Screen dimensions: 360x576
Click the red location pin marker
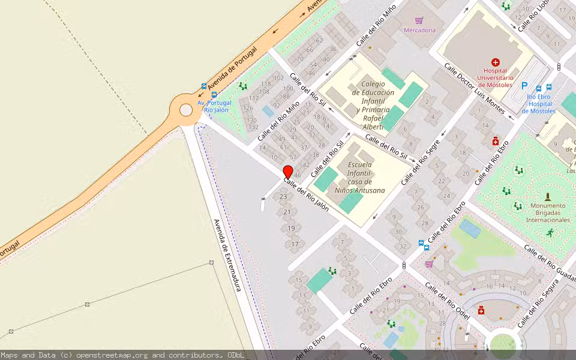pos(287,172)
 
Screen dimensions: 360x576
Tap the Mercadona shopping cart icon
pos(419,20)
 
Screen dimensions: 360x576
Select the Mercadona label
pos(419,30)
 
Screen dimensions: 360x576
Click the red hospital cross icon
pos(495,62)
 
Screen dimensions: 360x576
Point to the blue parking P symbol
pos(524,86)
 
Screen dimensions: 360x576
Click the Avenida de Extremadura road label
pos(227,255)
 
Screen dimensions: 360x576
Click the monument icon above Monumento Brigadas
pos(547,196)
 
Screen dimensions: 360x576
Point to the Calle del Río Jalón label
pos(306,194)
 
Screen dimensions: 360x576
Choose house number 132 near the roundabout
pos(253,127)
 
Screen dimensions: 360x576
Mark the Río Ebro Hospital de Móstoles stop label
pos(538,103)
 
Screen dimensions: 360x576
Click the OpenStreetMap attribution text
pos(122,355)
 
